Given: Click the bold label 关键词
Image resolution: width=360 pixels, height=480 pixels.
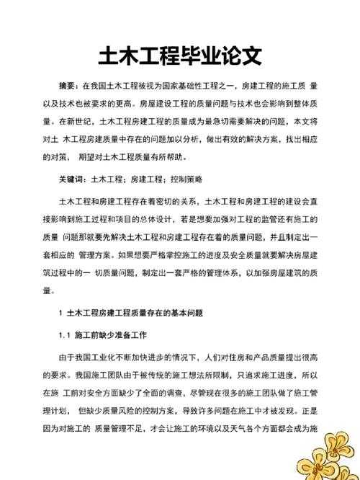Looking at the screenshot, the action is [x=72, y=178].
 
